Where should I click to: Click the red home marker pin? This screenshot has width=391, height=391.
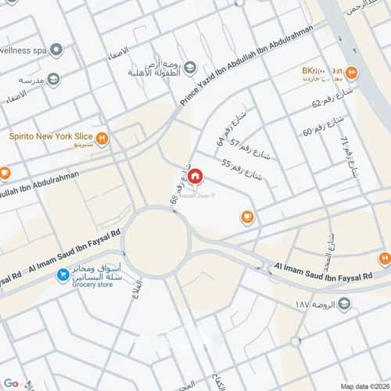(x=197, y=178)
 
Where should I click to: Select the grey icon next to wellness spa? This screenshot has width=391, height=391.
(x=56, y=50)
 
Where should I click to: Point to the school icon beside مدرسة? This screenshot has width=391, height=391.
(x=53, y=80)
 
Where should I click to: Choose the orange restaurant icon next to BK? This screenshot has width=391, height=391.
(x=352, y=74)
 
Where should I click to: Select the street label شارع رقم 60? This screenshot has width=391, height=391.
(x=318, y=128)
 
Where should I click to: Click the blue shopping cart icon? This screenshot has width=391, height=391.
(x=63, y=275)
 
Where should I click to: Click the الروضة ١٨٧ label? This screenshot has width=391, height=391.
(x=320, y=303)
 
